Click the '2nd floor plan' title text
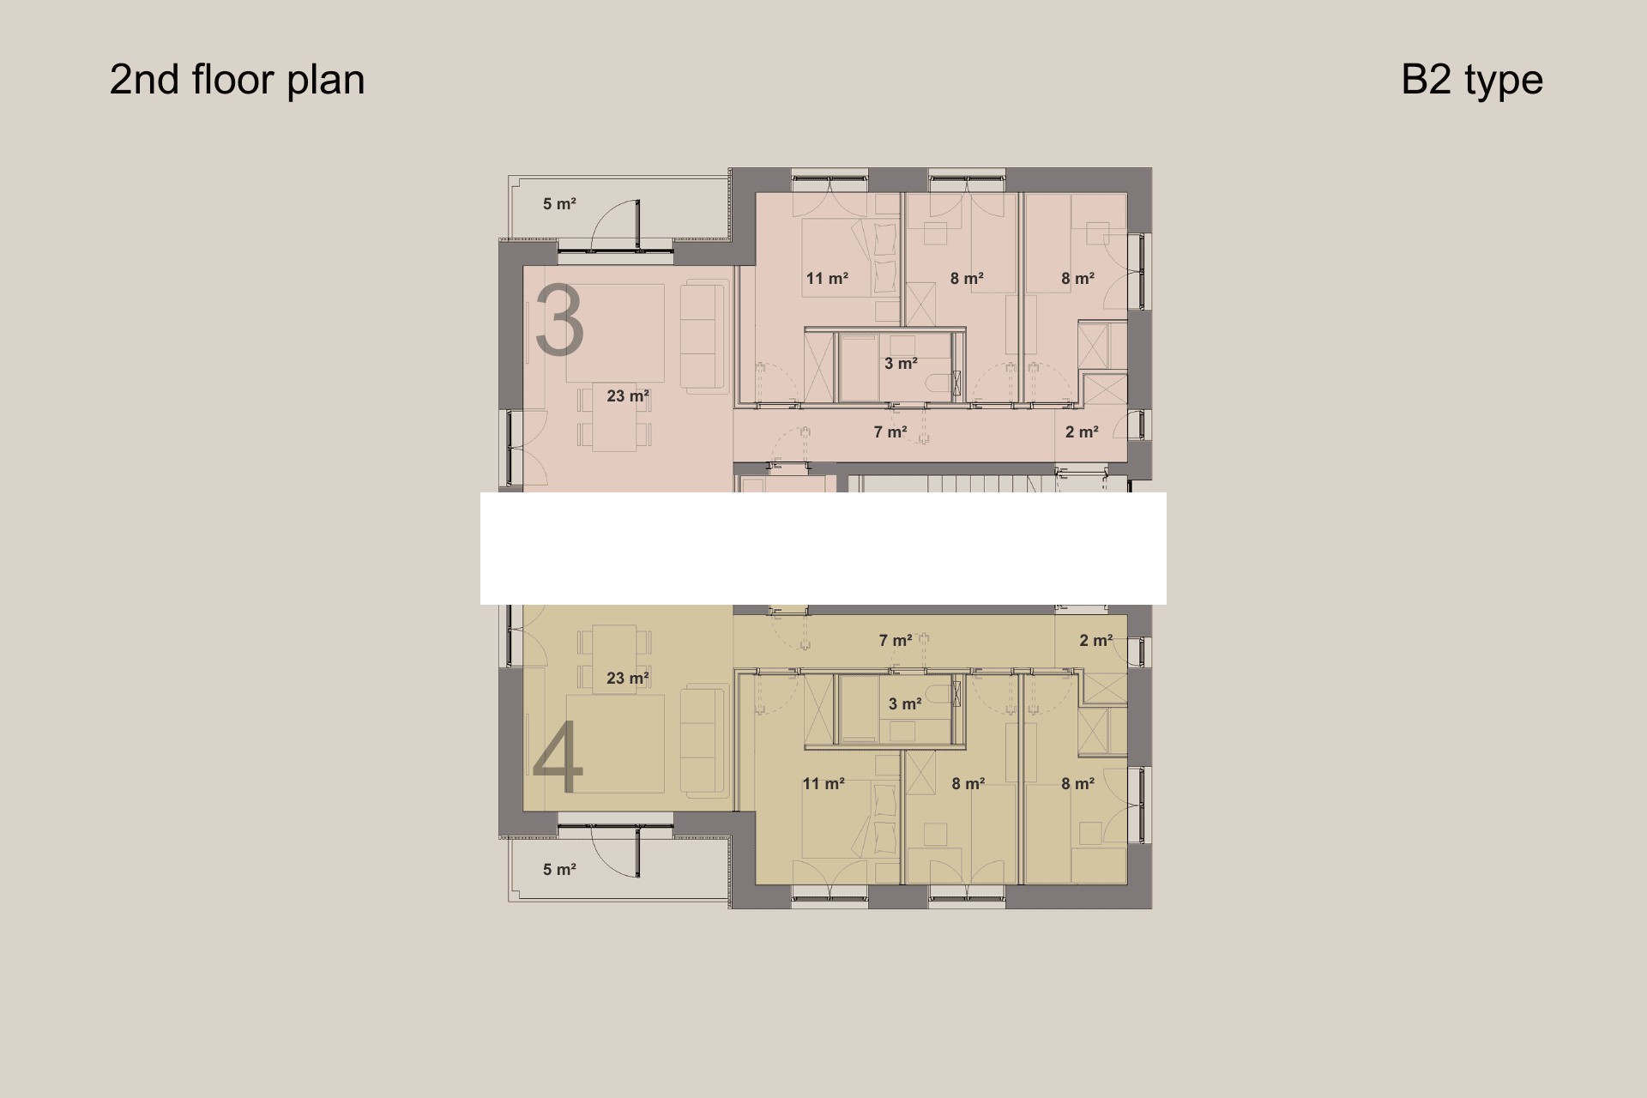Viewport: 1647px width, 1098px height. [237, 80]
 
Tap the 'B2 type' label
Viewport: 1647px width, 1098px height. [1472, 80]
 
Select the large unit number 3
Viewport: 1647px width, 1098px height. [559, 322]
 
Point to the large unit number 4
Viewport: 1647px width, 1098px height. [558, 757]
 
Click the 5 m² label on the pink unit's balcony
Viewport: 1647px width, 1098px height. [559, 204]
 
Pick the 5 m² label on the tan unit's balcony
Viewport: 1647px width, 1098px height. [559, 870]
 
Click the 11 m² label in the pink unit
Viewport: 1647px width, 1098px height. [827, 279]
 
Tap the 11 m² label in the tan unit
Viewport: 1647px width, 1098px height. [823, 784]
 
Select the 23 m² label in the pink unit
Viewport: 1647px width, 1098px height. [628, 396]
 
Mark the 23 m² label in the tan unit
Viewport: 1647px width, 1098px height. [628, 679]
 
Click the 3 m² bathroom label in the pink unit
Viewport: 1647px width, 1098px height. [901, 364]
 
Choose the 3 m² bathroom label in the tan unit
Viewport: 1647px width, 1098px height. [905, 704]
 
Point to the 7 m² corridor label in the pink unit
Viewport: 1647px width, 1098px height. [890, 432]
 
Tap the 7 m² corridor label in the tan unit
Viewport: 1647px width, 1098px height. [896, 641]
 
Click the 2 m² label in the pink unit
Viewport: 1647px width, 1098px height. [1082, 432]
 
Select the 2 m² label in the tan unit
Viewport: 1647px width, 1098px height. [1096, 641]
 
